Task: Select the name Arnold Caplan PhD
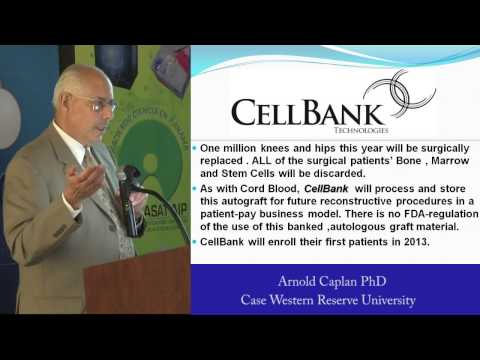tap(333, 281)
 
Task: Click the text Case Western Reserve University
tap(333, 300)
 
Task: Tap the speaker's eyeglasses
tap(101, 105)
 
